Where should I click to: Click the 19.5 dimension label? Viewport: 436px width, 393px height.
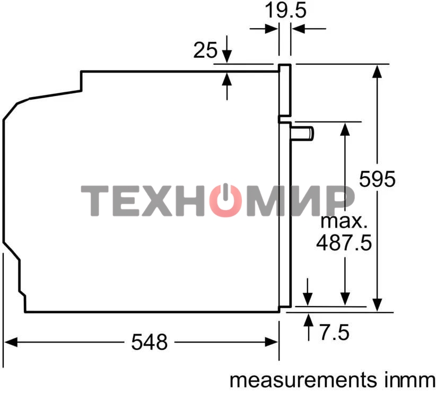click(x=285, y=11)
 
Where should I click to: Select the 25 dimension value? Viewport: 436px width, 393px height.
click(x=205, y=50)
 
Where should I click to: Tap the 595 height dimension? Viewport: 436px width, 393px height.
click(x=377, y=179)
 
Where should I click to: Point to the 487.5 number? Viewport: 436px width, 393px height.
click(x=344, y=243)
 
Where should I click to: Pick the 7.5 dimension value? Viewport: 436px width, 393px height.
click(x=335, y=333)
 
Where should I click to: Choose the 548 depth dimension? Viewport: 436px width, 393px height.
click(x=150, y=342)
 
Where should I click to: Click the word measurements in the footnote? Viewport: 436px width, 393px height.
click(x=303, y=380)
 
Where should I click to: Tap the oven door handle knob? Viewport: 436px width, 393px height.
click(x=302, y=133)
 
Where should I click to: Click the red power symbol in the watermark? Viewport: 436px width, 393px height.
click(x=225, y=200)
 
